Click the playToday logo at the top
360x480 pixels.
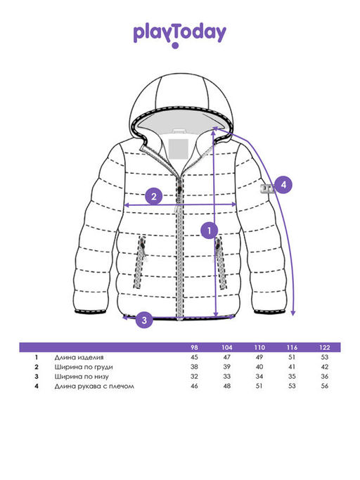(x=180, y=34)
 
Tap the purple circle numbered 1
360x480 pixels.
(x=210, y=231)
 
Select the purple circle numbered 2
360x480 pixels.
(x=154, y=196)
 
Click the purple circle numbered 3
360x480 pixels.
(x=144, y=320)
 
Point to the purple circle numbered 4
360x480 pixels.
(x=283, y=185)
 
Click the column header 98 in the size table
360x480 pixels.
(x=194, y=347)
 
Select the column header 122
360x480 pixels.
(x=324, y=347)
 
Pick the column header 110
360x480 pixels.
(x=259, y=347)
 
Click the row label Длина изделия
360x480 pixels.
(x=79, y=357)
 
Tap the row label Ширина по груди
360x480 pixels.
(x=84, y=367)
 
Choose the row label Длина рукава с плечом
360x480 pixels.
(x=94, y=387)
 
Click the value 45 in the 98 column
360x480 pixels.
(x=194, y=357)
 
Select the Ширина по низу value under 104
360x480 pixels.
(x=226, y=377)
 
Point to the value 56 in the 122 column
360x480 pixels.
(x=324, y=386)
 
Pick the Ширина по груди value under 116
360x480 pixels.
(x=292, y=367)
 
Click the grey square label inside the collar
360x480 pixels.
(x=179, y=149)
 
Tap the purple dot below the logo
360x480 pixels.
(x=175, y=46)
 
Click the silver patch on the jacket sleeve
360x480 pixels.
(x=267, y=189)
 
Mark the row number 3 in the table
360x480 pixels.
(x=37, y=377)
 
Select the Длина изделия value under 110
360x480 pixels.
(x=259, y=357)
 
